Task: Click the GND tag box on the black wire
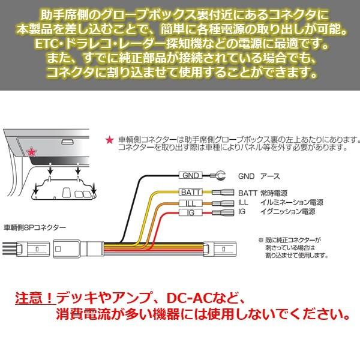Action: [189, 176]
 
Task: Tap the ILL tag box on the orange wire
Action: [189, 203]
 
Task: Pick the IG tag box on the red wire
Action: [189, 212]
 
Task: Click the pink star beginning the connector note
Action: [108, 139]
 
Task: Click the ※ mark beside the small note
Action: [260, 238]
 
